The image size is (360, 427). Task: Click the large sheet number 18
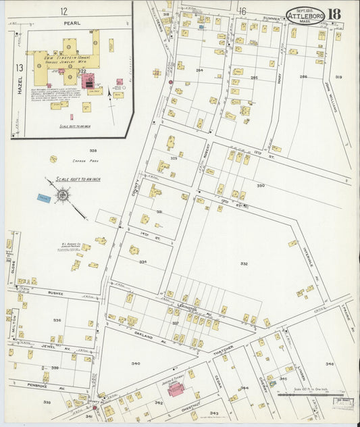pyautogui.click(x=334, y=14)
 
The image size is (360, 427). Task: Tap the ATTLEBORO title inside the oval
pyautogui.click(x=305, y=16)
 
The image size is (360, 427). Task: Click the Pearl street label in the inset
pyautogui.click(x=65, y=22)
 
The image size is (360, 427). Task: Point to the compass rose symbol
pyautogui.click(x=62, y=196)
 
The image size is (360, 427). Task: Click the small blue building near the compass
pyautogui.click(x=44, y=198)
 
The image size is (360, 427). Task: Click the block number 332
pyautogui.click(x=243, y=264)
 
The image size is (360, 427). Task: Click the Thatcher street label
pyautogui.click(x=224, y=348)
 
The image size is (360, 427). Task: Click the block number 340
pyautogui.click(x=135, y=363)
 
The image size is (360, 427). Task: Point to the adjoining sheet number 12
pyautogui.click(x=63, y=11)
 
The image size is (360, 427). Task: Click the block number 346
pyautogui.click(x=329, y=364)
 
